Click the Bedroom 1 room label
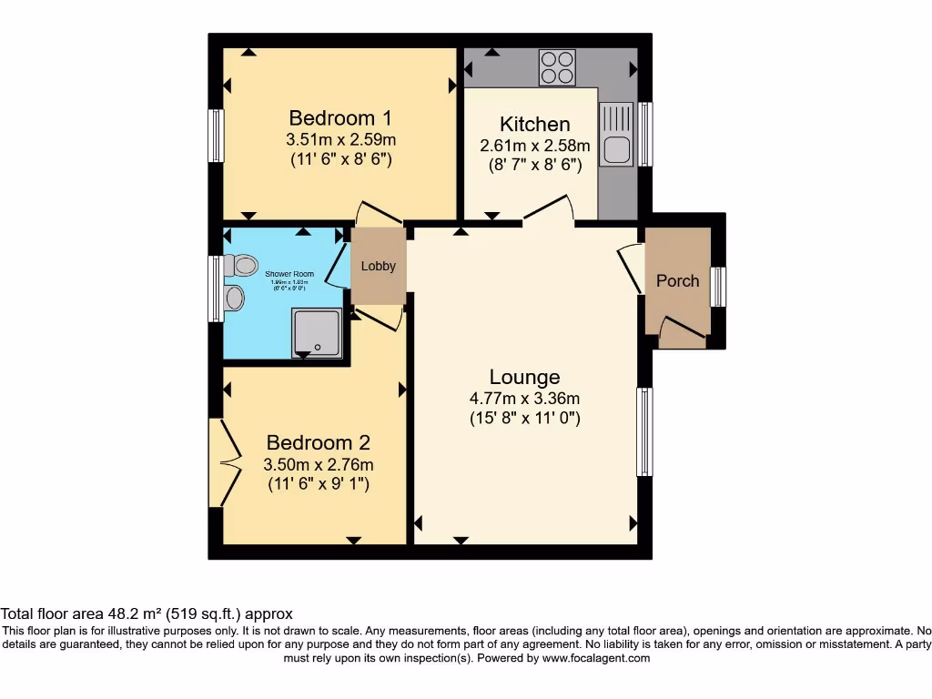point(340,118)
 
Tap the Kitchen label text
point(535,125)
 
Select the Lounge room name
point(524,377)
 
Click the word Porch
point(678,280)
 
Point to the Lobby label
point(378,267)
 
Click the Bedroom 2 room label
point(318,443)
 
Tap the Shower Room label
point(289,274)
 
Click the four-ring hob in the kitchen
point(557,67)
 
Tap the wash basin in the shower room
point(234,298)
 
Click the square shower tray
point(317,332)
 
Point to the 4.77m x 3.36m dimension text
point(524,398)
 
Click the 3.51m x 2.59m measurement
point(340,140)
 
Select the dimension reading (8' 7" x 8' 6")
point(535,164)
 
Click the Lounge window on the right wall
point(644,431)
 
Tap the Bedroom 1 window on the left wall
point(216,137)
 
